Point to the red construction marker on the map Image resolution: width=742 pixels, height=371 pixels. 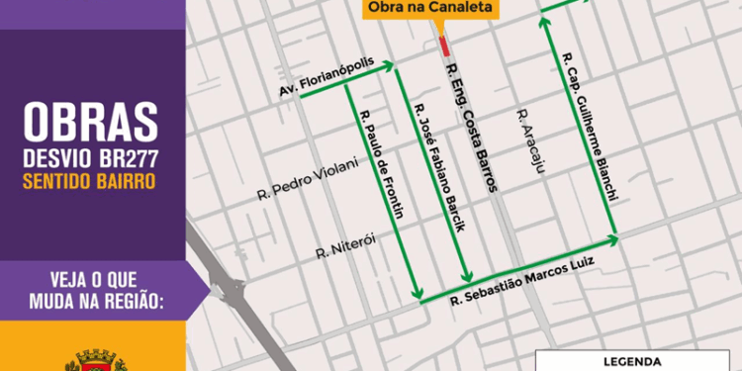point(444,46)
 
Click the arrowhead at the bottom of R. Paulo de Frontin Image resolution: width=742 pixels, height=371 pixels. point(420,296)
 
